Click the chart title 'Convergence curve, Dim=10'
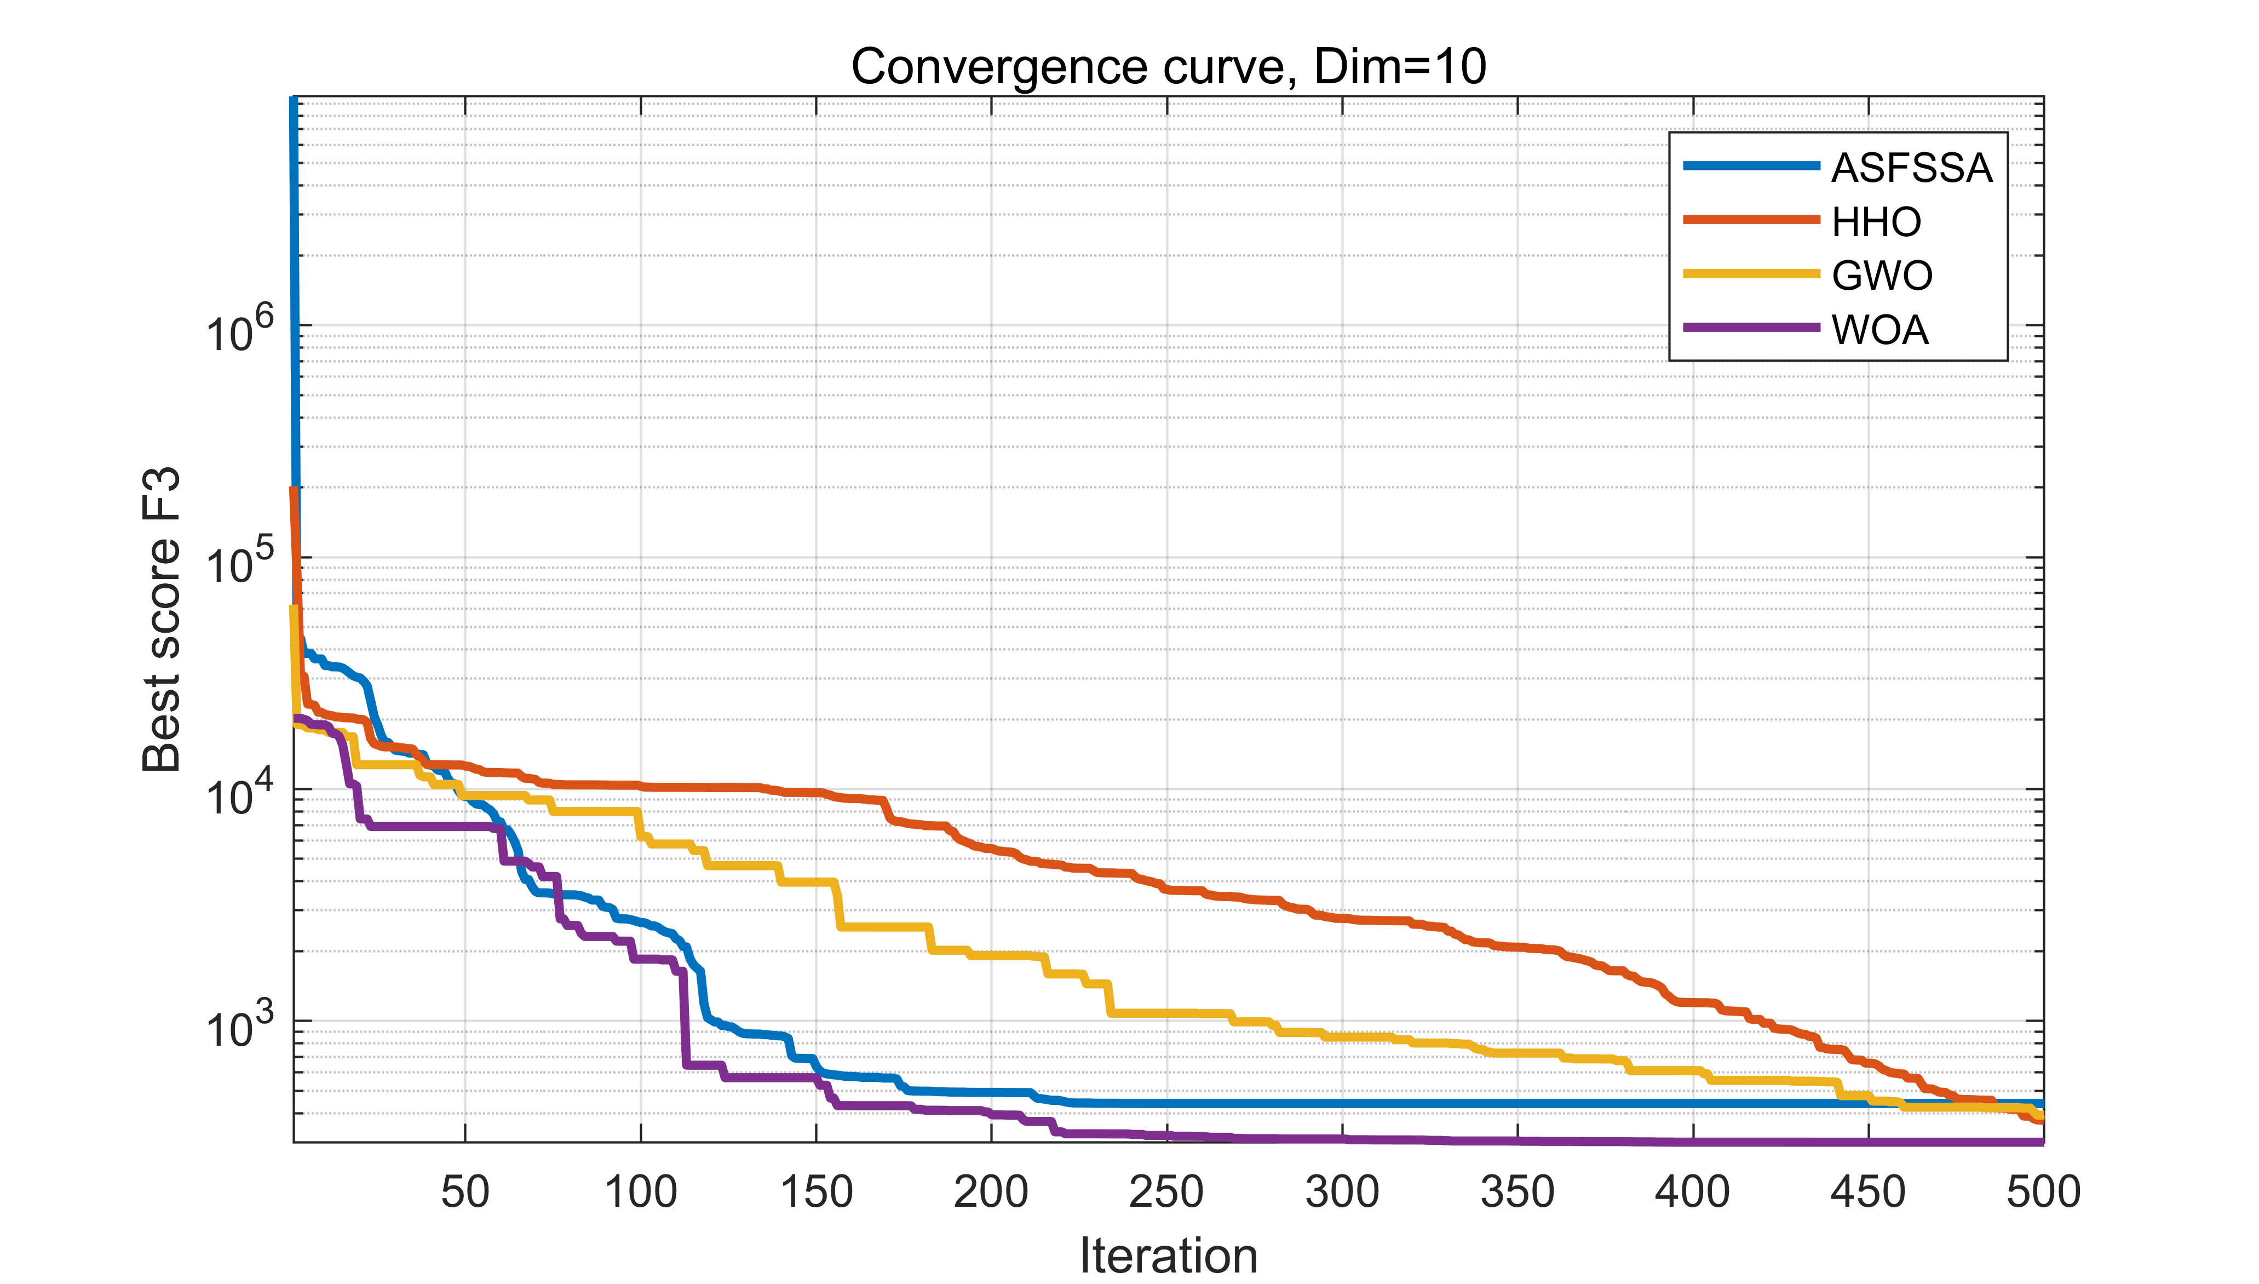click(1168, 67)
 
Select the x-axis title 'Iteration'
click(1168, 1254)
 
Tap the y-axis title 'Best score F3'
click(162, 620)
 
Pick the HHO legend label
click(1876, 221)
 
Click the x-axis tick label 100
click(641, 1191)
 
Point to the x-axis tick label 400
click(1692, 1191)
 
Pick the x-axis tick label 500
click(2043, 1191)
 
